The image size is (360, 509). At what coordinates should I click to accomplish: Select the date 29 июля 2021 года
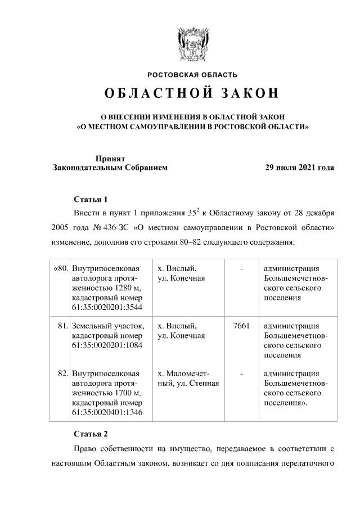click(300, 168)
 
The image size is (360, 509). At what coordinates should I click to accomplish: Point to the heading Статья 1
click(91, 199)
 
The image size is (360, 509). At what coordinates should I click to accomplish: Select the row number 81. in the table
click(62, 326)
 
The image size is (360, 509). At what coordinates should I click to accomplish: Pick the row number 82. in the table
click(62, 373)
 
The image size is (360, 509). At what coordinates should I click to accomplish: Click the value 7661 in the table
click(241, 326)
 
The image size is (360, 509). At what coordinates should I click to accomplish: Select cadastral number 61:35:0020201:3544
click(107, 307)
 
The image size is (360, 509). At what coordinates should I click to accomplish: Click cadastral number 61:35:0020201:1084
click(107, 345)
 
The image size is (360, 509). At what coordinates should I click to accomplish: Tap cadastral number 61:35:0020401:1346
click(107, 413)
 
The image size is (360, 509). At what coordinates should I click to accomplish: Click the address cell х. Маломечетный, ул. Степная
click(188, 379)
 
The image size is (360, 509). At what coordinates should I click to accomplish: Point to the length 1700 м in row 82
click(124, 393)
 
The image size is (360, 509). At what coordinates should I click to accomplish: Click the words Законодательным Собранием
click(110, 168)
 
